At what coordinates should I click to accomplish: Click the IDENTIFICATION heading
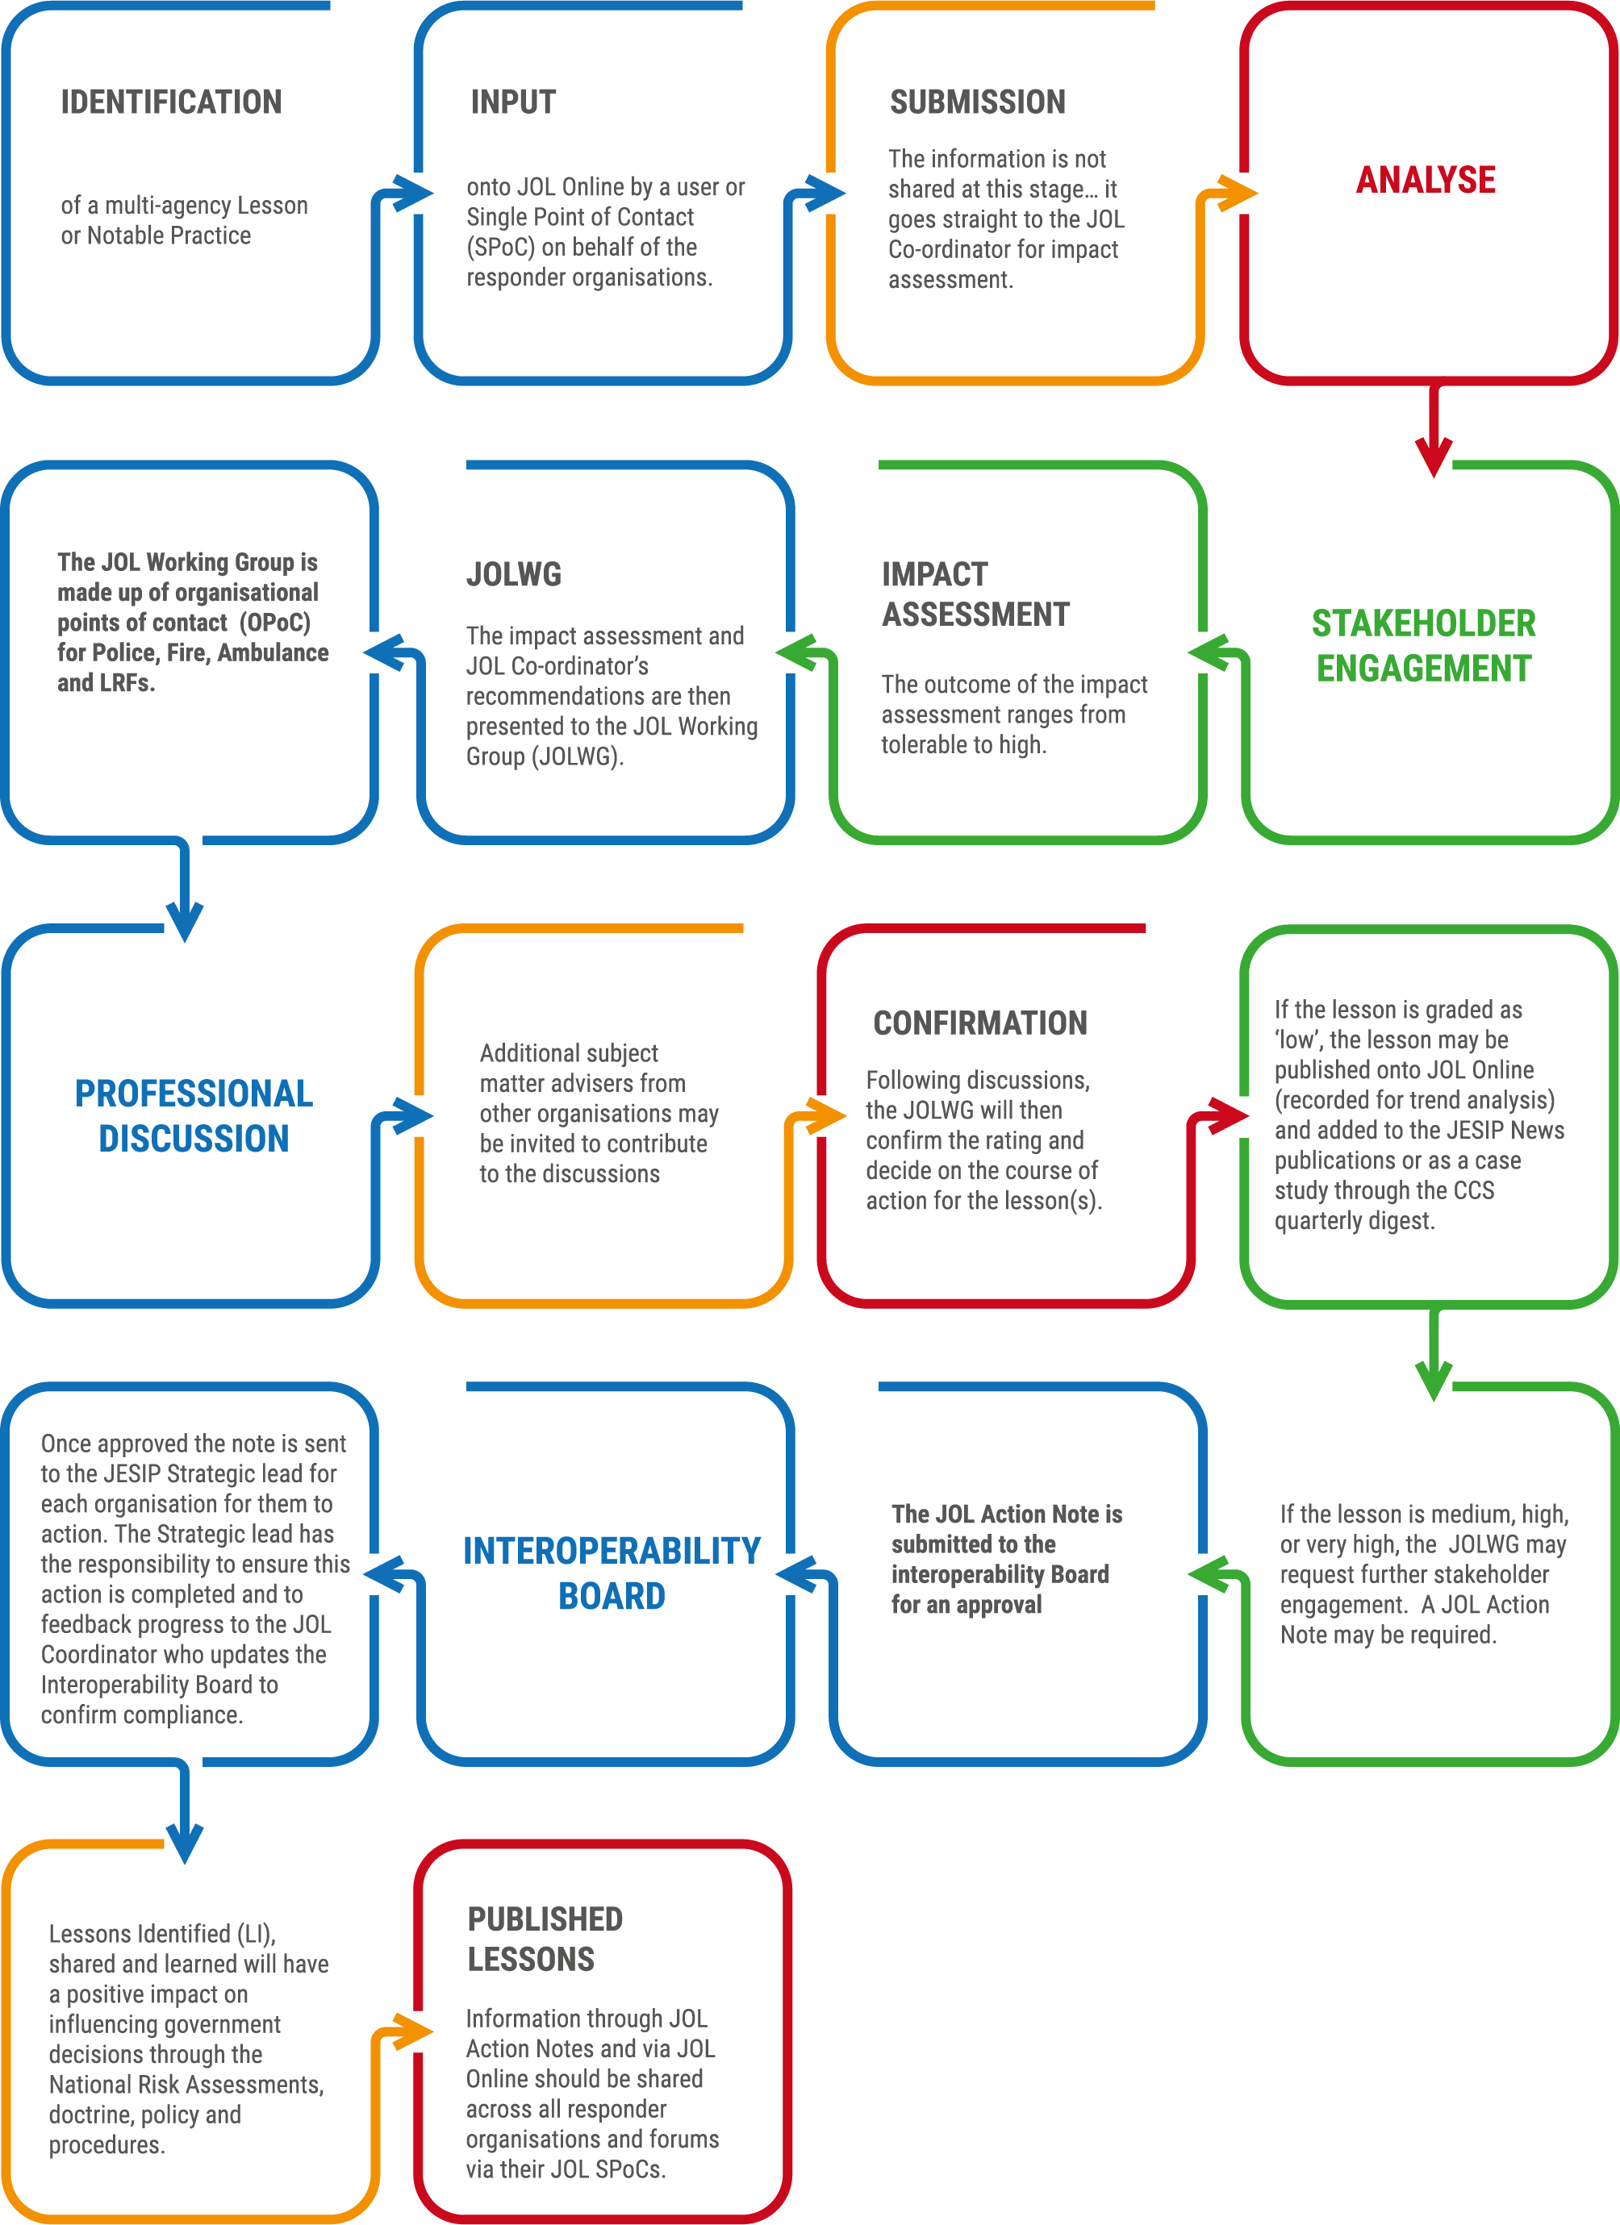click(x=171, y=102)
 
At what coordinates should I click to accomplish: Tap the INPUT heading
click(x=513, y=102)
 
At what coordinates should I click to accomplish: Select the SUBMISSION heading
click(x=977, y=102)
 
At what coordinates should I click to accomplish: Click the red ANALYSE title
click(x=1426, y=180)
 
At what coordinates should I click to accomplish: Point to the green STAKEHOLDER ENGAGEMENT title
click(x=1424, y=645)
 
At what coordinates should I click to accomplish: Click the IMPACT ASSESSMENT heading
click(x=975, y=594)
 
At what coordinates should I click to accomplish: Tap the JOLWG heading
click(x=514, y=574)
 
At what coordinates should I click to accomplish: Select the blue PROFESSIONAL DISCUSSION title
click(x=194, y=1115)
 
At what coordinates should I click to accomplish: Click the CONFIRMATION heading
click(x=980, y=1023)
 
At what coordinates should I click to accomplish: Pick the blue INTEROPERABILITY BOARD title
click(x=612, y=1573)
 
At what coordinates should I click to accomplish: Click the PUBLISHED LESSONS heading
click(x=545, y=1939)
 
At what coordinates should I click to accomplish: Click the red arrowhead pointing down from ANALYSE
click(x=1434, y=457)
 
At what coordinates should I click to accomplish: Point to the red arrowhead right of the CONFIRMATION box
click(x=1229, y=1115)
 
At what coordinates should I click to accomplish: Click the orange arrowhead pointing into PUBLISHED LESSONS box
click(x=412, y=2031)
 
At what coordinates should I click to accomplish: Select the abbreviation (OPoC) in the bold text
click(x=275, y=623)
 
